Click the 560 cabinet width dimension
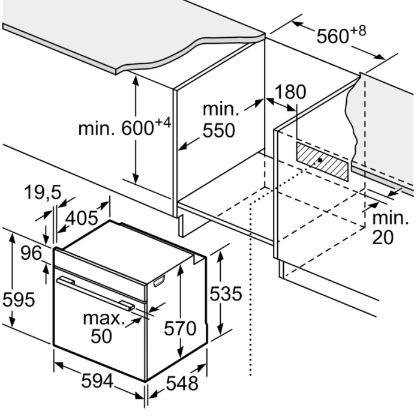(333, 36)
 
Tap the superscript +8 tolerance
(358, 31)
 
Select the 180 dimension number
(290, 92)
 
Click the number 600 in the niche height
(137, 128)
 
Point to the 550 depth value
(218, 130)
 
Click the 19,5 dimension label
(43, 192)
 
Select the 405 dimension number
(82, 218)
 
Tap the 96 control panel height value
(31, 253)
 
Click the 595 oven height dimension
(19, 299)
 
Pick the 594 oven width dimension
(97, 380)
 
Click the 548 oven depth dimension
(182, 383)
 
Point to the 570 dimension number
(180, 328)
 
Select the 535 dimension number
(226, 293)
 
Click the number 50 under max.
(101, 336)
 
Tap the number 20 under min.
(383, 237)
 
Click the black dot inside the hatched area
(320, 160)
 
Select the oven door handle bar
(95, 293)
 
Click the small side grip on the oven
(159, 281)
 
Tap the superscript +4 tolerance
(163, 124)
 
